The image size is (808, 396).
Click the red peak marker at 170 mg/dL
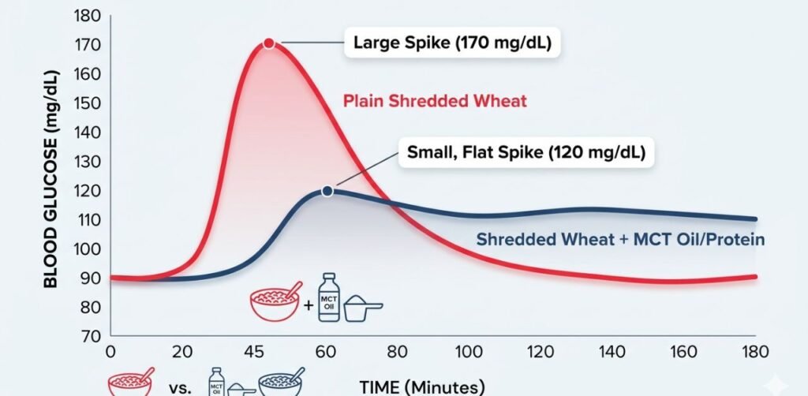pyautogui.click(x=269, y=43)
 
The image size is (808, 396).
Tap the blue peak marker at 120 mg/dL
pyautogui.click(x=327, y=191)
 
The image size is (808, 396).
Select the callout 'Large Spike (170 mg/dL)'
pyautogui.click(x=452, y=43)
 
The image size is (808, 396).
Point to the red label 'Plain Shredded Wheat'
pyautogui.click(x=435, y=101)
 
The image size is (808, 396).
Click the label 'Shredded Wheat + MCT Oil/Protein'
pyautogui.click(x=620, y=240)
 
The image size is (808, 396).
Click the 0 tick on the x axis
pyautogui.click(x=110, y=352)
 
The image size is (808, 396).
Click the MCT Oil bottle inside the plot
pyautogui.click(x=328, y=298)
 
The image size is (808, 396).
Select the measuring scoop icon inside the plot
pyautogui.click(x=363, y=308)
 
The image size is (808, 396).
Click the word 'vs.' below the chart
pyautogui.click(x=181, y=386)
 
